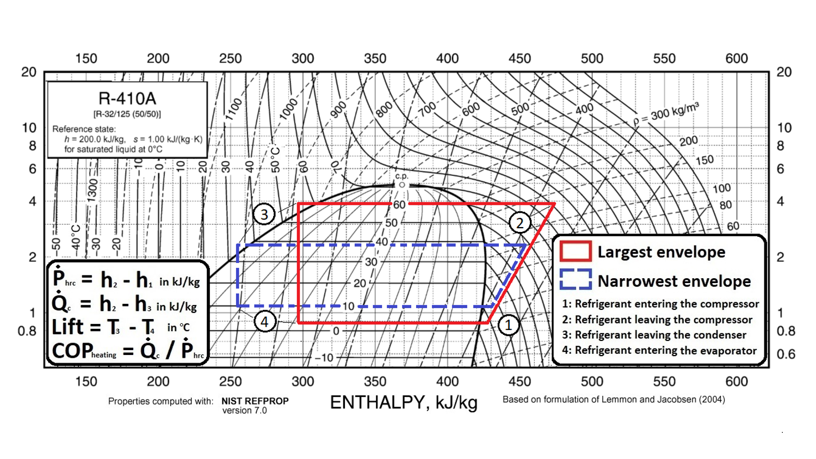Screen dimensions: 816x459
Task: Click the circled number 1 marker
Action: [508, 325]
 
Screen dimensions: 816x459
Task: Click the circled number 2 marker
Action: [520, 223]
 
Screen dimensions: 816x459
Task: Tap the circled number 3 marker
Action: [264, 214]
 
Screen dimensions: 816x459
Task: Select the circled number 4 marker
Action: [264, 322]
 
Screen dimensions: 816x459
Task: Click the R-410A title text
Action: [127, 99]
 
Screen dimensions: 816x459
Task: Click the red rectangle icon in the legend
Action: [576, 252]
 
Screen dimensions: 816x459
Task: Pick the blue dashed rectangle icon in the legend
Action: [576, 280]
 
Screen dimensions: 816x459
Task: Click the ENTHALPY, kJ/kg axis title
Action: [404, 402]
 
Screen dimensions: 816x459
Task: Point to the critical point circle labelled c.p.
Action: [402, 185]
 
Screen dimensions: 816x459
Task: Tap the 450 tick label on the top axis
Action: [520, 58]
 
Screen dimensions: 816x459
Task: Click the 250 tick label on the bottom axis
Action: [231, 381]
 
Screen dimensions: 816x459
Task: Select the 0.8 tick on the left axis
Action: [27, 331]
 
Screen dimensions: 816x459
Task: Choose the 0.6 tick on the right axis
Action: [786, 354]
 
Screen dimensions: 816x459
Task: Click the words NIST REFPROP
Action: [255, 401]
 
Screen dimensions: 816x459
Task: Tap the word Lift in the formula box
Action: [67, 327]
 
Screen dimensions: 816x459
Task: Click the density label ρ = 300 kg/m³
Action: [666, 112]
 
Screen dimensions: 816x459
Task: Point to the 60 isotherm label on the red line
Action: [399, 205]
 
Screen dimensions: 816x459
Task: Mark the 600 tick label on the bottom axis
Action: [737, 381]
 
